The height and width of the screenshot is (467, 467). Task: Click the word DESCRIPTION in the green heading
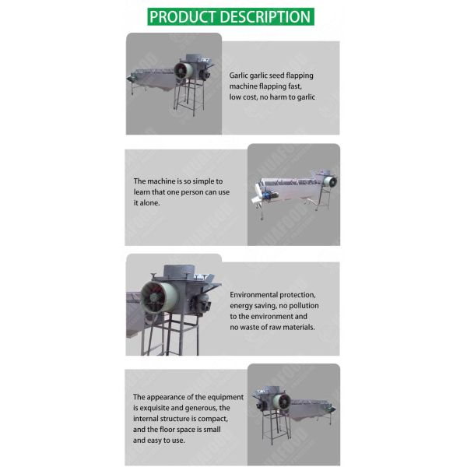click(262, 16)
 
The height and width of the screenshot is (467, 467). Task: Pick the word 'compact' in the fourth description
click(219, 418)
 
